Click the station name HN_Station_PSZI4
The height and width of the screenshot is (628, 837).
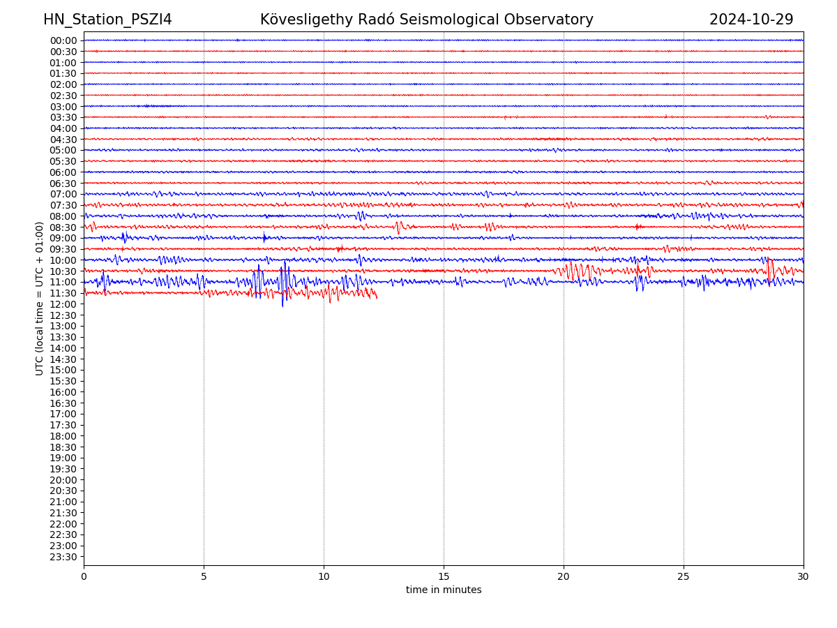[107, 20]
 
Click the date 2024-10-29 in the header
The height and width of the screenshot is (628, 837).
[751, 20]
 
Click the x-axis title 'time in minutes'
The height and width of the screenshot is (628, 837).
[444, 590]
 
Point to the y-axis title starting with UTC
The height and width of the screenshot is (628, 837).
[40, 299]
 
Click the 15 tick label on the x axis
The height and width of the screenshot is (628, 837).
[444, 577]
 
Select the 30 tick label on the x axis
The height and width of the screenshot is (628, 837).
[803, 577]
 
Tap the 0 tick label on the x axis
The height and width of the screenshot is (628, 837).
[84, 577]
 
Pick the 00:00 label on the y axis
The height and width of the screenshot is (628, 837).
[63, 40]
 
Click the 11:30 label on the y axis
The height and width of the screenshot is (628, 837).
[63, 293]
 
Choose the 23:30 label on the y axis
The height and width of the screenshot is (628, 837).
[63, 557]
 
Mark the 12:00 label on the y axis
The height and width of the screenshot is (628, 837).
[63, 304]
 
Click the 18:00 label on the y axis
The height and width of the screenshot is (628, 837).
[63, 436]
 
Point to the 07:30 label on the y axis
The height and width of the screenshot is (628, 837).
[63, 205]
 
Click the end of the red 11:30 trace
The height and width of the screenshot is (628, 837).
[377, 298]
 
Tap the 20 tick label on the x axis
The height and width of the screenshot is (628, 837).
[564, 577]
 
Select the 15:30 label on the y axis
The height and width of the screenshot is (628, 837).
[63, 381]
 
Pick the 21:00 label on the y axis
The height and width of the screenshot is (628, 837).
[63, 502]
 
